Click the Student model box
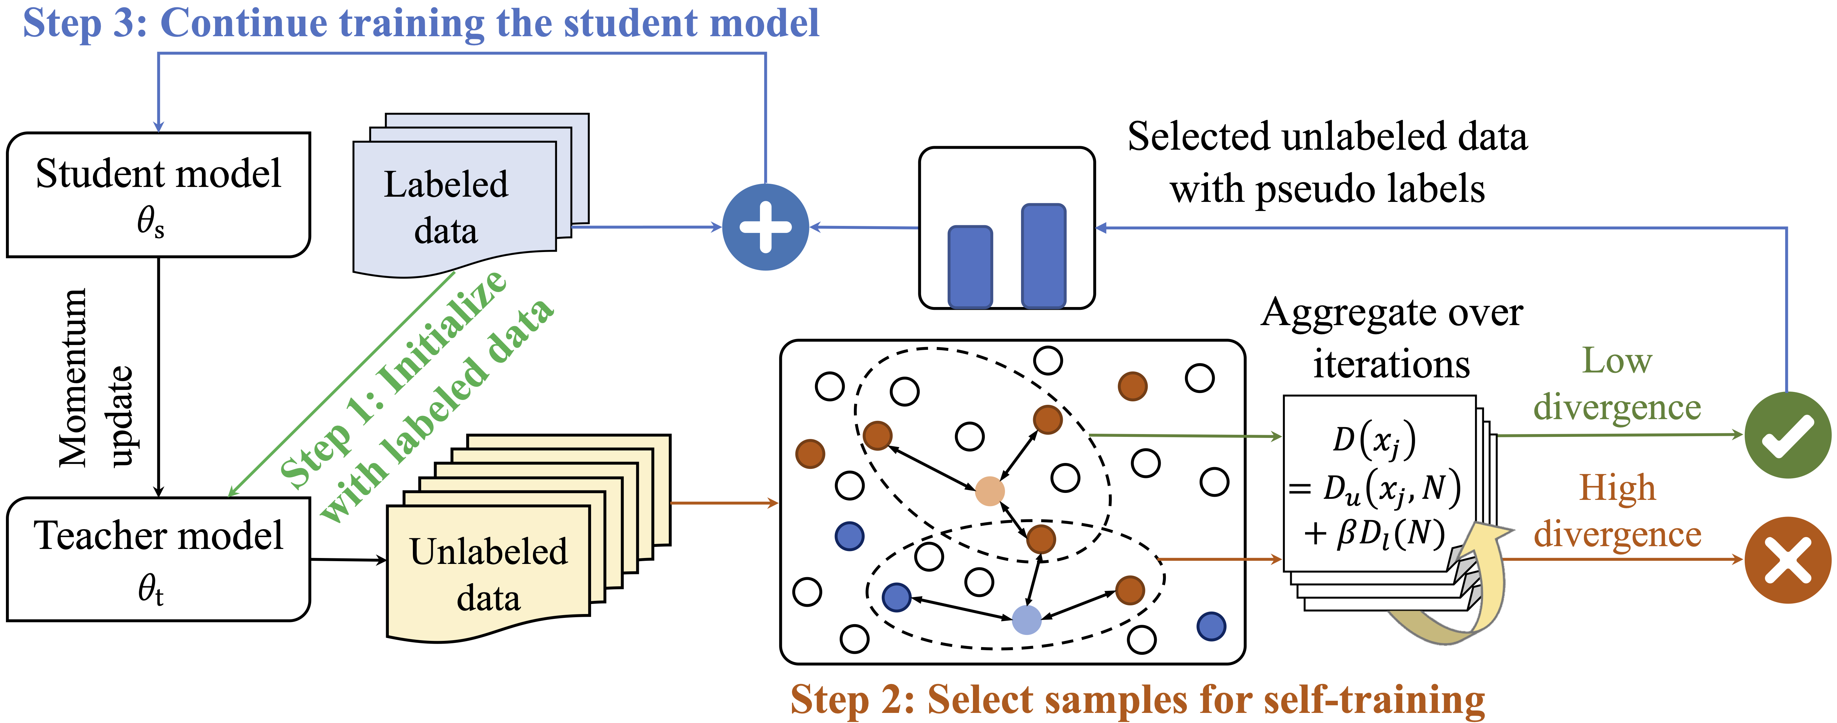pyautogui.click(x=158, y=194)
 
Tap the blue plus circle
pyautogui.click(x=765, y=227)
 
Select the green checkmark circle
pyautogui.click(x=1787, y=435)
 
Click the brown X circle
pyautogui.click(x=1787, y=560)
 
